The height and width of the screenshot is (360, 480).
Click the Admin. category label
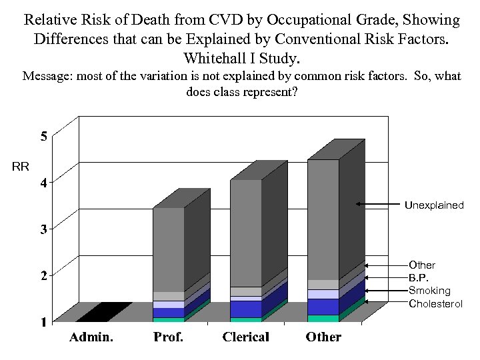[91, 337]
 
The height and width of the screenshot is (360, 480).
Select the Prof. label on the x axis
[169, 337]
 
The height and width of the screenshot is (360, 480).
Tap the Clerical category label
[245, 337]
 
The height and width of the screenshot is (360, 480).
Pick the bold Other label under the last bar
[323, 337]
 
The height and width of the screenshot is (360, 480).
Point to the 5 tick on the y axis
[43, 137]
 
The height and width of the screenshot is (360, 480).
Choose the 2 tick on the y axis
[43, 275]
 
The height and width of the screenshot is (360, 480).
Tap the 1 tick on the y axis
[43, 321]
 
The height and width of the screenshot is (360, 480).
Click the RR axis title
[21, 166]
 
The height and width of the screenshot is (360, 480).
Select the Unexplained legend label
[434, 205]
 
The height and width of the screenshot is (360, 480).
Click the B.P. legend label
[420, 278]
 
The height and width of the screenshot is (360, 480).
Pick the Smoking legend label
[429, 291]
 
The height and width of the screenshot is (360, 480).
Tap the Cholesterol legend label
[435, 303]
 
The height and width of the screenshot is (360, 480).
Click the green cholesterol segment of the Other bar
[323, 318]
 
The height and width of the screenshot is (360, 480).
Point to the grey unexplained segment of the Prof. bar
[168, 249]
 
